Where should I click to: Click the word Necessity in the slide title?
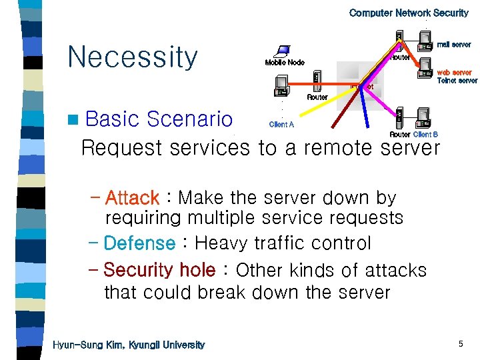133,57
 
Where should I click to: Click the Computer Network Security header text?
409,13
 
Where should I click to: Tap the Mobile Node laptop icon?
283,51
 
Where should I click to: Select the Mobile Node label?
285,63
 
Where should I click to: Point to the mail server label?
454,45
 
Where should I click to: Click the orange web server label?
454,72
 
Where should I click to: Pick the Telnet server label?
457,81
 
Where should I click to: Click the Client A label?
281,125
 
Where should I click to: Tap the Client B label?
425,135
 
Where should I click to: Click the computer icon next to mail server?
423,41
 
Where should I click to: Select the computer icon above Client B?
423,118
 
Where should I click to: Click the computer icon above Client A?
281,86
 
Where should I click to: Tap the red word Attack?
132,198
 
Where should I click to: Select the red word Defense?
139,243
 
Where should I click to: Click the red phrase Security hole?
159,270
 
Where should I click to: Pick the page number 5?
460,344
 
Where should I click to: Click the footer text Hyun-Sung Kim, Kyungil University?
129,345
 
